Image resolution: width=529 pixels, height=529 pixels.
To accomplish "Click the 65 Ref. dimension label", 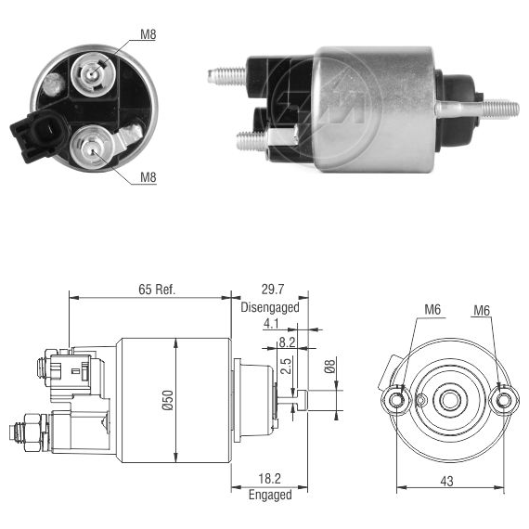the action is [157, 290].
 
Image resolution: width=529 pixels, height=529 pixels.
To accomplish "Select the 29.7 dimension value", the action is [273, 290].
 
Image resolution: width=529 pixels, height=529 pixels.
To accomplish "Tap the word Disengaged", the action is [270, 307].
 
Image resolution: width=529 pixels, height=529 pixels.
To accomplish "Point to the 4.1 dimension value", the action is [271, 324].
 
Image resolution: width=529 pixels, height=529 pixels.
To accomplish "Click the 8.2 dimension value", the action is [287, 342].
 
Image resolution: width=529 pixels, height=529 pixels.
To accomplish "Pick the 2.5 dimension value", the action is [286, 366].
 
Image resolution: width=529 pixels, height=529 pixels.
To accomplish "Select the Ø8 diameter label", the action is [329, 366].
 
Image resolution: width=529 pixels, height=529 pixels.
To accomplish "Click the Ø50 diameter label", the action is [168, 400].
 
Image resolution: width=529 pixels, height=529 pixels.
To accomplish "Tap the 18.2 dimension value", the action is [269, 478].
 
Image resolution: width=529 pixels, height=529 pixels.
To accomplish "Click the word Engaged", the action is [270, 495].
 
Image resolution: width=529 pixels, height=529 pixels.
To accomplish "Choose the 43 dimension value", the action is [446, 481].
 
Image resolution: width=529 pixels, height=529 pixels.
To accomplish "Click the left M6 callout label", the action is [432, 309].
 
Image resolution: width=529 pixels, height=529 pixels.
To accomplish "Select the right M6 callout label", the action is [482, 310].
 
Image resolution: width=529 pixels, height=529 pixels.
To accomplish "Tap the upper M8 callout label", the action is [148, 34].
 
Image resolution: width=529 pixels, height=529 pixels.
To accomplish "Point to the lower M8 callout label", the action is [148, 177].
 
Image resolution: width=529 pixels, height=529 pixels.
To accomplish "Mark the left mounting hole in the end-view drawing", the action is [396, 400].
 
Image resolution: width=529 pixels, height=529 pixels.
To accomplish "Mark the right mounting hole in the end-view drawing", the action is [504, 400].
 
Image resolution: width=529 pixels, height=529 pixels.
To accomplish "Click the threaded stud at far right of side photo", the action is [500, 109].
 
